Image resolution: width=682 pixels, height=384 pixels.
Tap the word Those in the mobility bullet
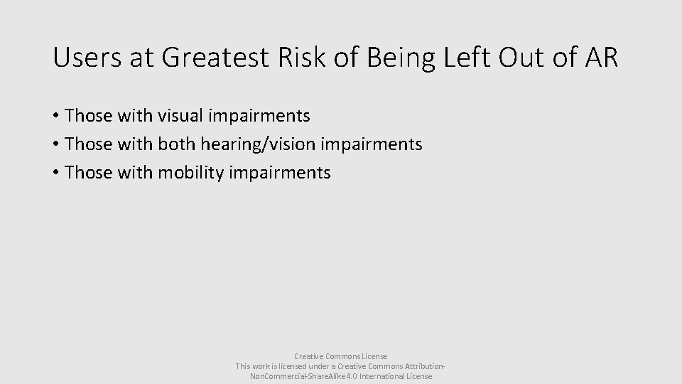(x=87, y=173)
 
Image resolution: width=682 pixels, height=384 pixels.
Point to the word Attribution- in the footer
(x=419, y=366)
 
